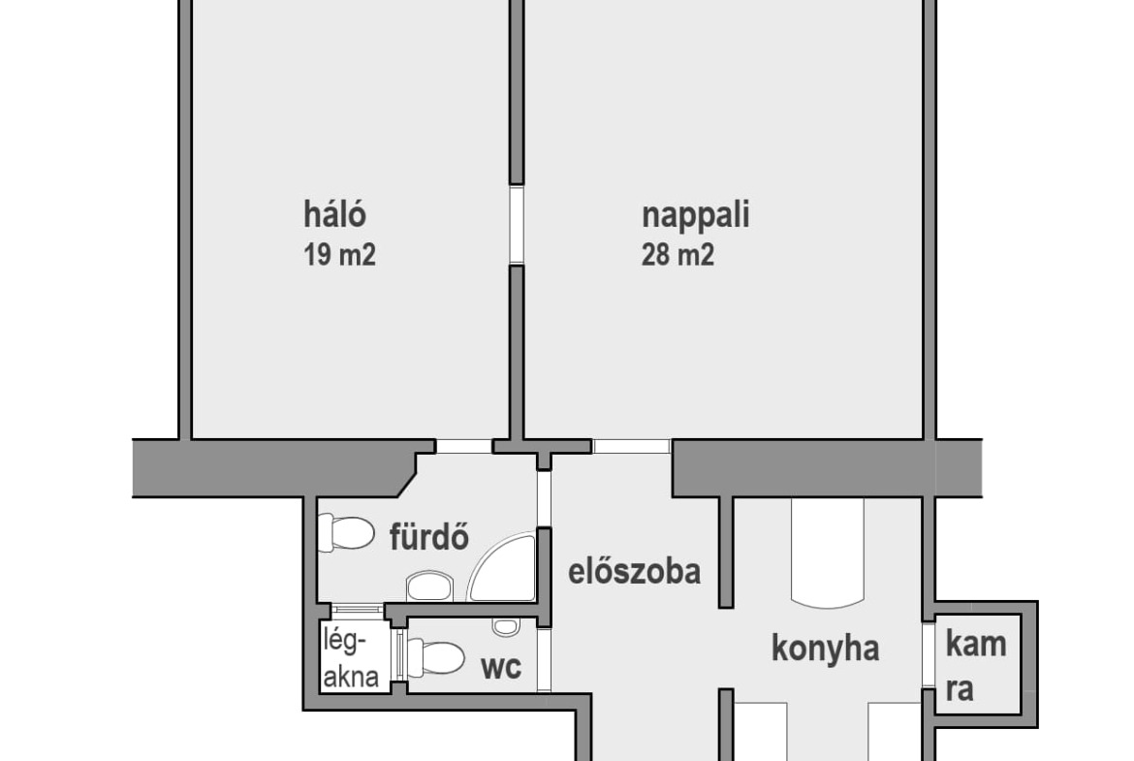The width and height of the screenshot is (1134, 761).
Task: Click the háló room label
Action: point(334,214)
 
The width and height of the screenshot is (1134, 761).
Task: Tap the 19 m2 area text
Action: point(340,255)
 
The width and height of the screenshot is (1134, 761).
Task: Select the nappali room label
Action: point(696,216)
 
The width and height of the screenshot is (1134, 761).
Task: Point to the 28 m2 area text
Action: point(677,255)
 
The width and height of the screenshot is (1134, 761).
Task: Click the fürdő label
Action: point(429,537)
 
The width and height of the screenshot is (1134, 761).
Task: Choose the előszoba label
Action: point(634,571)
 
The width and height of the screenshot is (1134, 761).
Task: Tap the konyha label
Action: point(825,649)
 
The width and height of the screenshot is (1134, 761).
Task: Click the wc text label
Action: point(501,668)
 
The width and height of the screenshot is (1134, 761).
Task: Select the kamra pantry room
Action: point(979,664)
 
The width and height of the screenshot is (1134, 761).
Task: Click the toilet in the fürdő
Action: point(346,533)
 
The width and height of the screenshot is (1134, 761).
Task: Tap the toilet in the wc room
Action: point(435,658)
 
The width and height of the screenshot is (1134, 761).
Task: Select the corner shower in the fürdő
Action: point(503,568)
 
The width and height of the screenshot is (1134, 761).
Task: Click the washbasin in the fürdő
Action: point(428,586)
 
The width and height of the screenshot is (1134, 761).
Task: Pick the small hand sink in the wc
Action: point(506,626)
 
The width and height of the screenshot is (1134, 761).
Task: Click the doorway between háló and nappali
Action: point(517,224)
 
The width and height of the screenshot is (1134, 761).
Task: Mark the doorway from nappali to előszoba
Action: point(631,446)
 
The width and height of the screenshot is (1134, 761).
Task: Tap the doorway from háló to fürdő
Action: point(464,446)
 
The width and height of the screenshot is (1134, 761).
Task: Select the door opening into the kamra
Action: point(929,655)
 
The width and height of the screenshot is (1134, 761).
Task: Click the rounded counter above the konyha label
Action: point(828,553)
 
